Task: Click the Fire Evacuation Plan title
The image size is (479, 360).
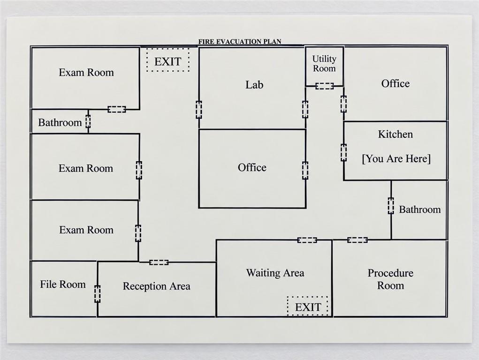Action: point(240,42)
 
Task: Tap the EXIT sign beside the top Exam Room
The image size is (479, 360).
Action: point(167,60)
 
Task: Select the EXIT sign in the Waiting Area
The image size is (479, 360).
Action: point(308,306)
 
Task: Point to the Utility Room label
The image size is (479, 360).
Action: point(324,63)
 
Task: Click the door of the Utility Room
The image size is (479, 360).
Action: point(325,86)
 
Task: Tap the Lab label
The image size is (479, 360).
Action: point(254,84)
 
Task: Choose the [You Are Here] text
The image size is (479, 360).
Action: point(396,159)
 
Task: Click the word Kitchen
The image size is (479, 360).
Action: point(395,134)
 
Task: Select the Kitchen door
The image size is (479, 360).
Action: point(344,153)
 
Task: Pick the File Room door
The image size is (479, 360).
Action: point(97,294)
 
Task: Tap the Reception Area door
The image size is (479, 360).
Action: point(159,262)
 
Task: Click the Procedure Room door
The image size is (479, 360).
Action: point(357,240)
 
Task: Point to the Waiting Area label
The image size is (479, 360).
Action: point(275,273)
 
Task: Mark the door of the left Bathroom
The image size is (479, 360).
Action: point(88,121)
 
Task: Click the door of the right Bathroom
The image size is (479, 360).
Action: point(391,205)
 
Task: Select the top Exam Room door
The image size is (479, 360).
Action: point(117,109)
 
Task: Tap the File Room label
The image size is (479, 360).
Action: point(63,284)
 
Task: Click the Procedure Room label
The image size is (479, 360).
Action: point(390,279)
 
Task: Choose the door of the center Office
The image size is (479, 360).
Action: point(305,170)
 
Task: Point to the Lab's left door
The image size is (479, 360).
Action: point(199,110)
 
